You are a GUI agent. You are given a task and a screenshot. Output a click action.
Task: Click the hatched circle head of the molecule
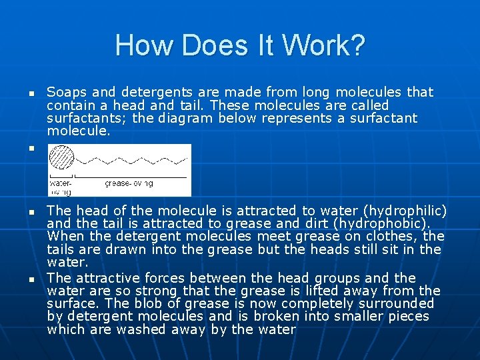click(63, 161)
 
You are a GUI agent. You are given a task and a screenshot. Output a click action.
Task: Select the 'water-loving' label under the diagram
click(60, 183)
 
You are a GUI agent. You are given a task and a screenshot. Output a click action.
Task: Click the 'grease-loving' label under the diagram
click(129, 183)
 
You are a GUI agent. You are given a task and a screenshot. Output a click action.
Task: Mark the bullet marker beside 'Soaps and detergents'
click(31, 93)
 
